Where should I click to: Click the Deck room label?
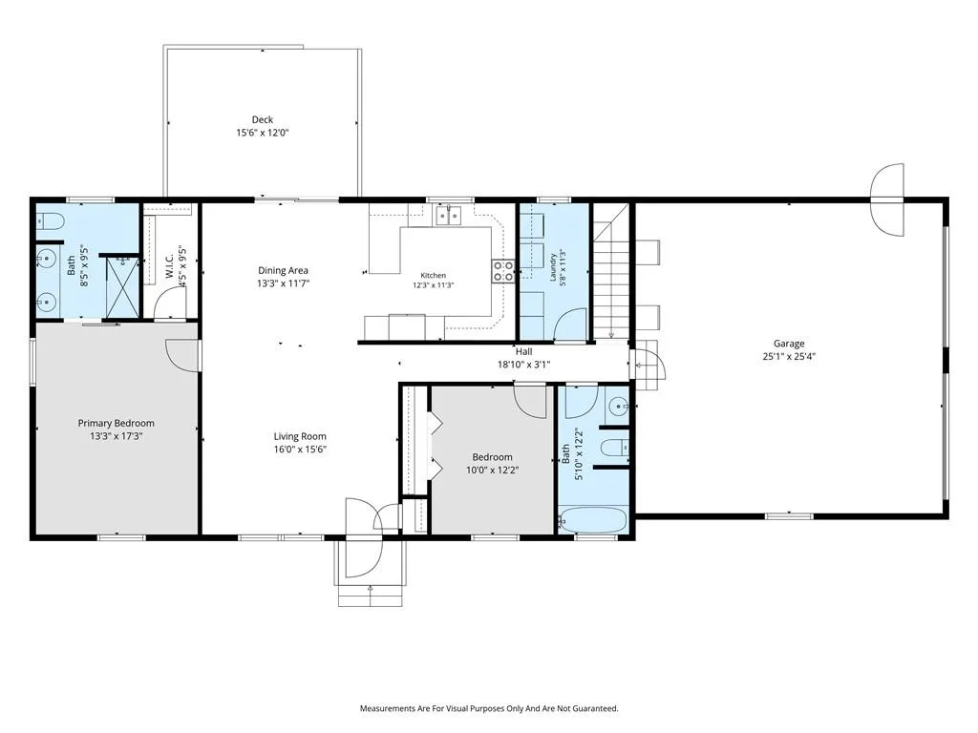(263, 119)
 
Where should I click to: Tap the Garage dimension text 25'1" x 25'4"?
(789, 357)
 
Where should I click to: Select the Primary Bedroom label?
(116, 423)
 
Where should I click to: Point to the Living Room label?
(300, 436)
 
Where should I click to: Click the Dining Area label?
(283, 270)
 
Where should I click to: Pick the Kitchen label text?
(433, 276)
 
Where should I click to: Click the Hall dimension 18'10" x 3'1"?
(524, 365)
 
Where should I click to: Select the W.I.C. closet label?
(170, 267)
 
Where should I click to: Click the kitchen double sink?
(448, 216)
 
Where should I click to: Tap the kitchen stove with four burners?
(503, 271)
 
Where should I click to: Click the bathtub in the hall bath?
(592, 520)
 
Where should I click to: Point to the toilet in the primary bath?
(50, 221)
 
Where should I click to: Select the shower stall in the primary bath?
(121, 286)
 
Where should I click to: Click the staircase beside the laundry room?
(610, 271)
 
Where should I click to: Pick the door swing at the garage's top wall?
(887, 199)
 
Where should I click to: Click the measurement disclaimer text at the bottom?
(489, 709)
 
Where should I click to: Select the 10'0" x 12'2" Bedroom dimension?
(493, 470)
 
